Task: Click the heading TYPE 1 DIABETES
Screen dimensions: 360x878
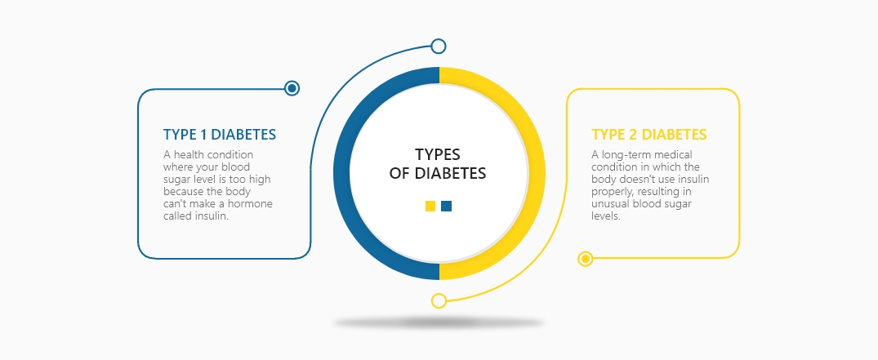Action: tap(219, 135)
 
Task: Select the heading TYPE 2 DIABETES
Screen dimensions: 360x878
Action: tap(648, 135)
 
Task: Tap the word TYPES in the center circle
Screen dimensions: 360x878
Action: tap(438, 154)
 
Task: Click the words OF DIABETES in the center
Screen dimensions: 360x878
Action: tap(439, 173)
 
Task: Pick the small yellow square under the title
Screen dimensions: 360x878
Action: tap(430, 207)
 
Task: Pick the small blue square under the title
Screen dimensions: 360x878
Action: tap(446, 207)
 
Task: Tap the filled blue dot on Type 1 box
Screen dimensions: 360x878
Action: tap(292, 88)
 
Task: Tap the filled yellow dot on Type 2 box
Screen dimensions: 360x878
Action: tap(585, 259)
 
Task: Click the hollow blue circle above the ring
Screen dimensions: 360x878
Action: tap(439, 46)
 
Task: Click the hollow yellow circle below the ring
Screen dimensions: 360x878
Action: tap(439, 300)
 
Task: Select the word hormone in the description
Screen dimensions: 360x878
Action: tap(252, 203)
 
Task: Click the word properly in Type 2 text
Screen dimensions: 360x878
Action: tap(609, 191)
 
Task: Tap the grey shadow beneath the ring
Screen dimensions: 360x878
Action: tap(439, 323)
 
